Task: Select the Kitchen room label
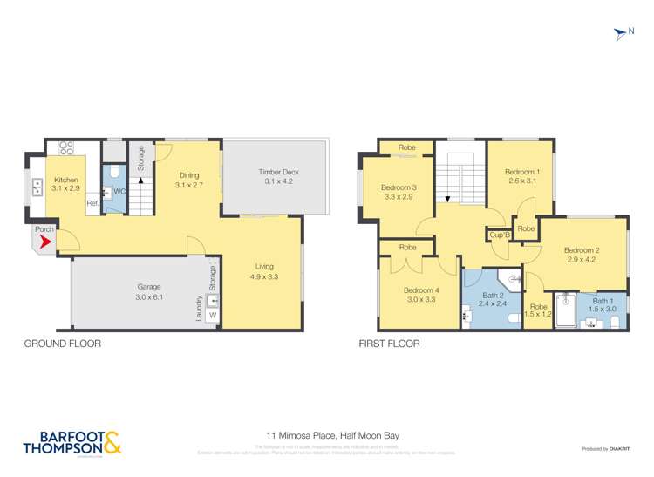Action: tap(65, 184)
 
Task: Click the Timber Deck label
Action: tap(277, 177)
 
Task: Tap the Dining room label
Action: tap(188, 180)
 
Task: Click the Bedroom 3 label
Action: tap(398, 193)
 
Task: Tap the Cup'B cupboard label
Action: tap(498, 235)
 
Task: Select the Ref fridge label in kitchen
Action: tap(92, 205)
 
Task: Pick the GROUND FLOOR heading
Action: tap(63, 344)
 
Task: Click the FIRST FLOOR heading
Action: tap(390, 344)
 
